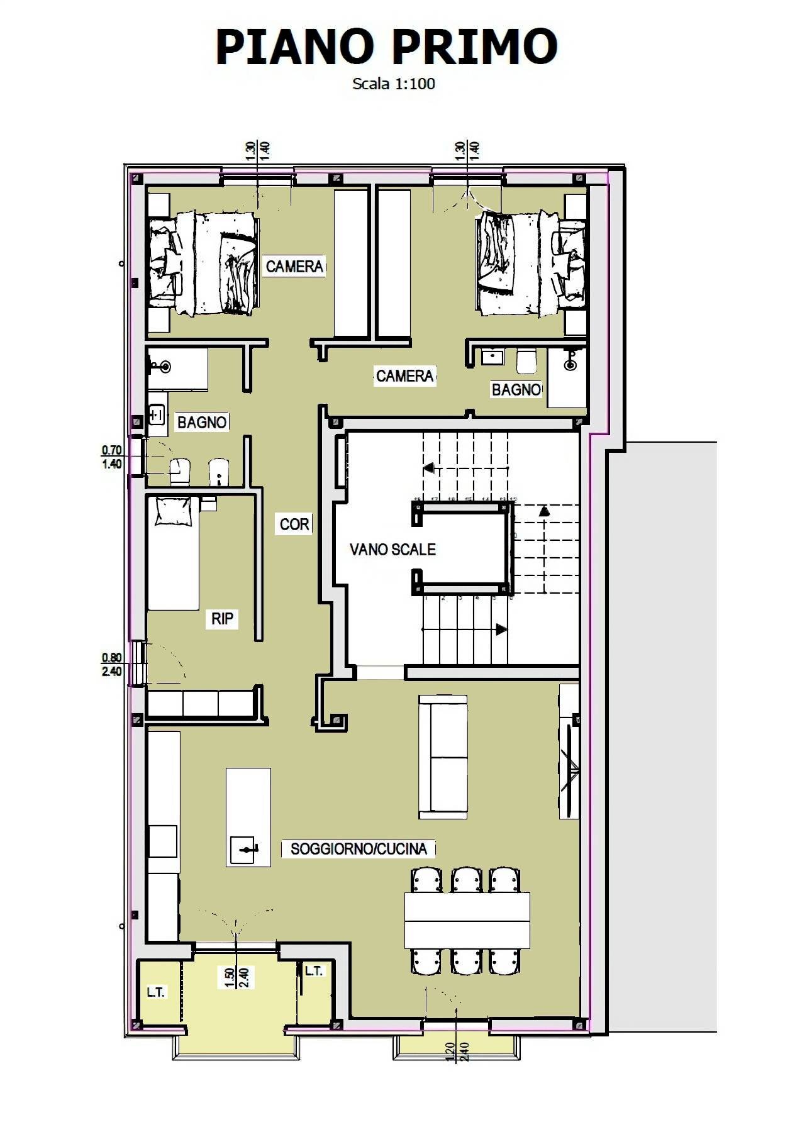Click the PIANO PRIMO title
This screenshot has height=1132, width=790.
coord(386,47)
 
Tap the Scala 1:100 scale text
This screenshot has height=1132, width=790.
coord(394,84)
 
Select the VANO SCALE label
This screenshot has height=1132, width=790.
coord(392,550)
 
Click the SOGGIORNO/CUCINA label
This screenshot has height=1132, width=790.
coord(359,849)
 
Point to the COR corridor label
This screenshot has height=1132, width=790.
coord(294,524)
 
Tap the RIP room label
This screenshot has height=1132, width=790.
coord(222,619)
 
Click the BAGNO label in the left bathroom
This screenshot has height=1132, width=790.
coord(201,423)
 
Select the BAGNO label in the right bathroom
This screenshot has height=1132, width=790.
coord(516,390)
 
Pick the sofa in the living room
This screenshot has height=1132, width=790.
coord(443,757)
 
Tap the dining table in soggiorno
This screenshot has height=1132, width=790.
coord(467,920)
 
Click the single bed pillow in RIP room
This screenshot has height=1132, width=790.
coord(173,511)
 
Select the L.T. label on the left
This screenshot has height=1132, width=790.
coord(155,992)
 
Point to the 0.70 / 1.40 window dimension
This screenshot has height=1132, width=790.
coord(112,457)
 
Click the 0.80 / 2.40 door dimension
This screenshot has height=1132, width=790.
coord(112,665)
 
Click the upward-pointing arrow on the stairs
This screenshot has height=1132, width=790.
coord(543,511)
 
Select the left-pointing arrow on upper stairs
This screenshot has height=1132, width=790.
coord(429,468)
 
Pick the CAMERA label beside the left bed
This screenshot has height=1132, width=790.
coord(294,267)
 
